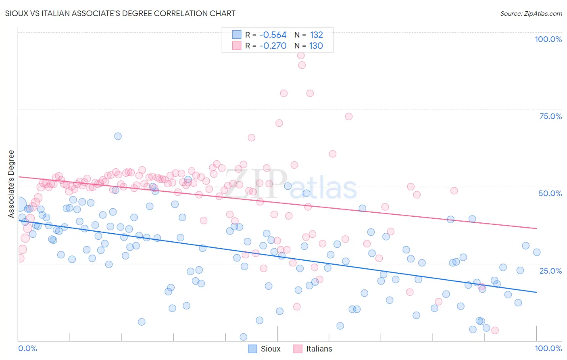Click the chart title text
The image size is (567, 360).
pyautogui.click(x=120, y=13)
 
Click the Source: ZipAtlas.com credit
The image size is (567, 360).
pyautogui.click(x=531, y=14)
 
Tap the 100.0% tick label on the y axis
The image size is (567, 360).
pyautogui.click(x=548, y=39)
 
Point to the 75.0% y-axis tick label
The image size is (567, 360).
pyautogui.click(x=550, y=116)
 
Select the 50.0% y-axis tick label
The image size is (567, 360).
pyautogui.click(x=550, y=193)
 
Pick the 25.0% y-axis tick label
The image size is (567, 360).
pyautogui.click(x=550, y=270)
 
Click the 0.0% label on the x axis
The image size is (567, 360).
pyautogui.click(x=27, y=348)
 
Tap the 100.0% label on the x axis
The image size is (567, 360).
pyautogui.click(x=548, y=348)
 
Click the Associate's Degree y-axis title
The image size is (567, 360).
pyautogui.click(x=11, y=184)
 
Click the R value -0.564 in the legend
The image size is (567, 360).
pyautogui.click(x=273, y=35)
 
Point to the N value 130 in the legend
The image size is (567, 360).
pyautogui.click(x=316, y=46)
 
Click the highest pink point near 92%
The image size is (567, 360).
pyautogui.click(x=301, y=56)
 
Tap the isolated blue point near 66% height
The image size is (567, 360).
pyautogui.click(x=118, y=136)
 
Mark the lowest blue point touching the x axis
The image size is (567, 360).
pyautogui.click(x=243, y=337)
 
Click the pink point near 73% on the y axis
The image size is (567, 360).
pyautogui.click(x=349, y=116)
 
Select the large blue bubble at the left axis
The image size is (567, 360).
pyautogui.click(x=19, y=205)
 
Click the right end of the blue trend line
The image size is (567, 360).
pyautogui.click(x=536, y=292)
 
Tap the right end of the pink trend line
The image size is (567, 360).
pyautogui.click(x=536, y=228)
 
